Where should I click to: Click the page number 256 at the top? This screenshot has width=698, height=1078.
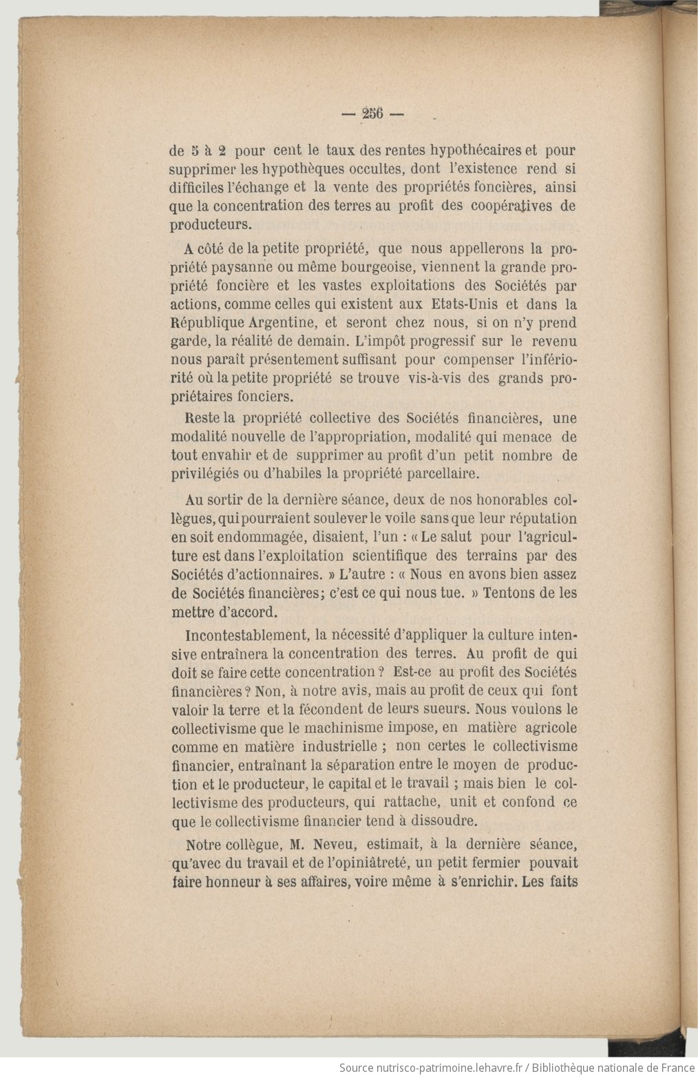pos(372,115)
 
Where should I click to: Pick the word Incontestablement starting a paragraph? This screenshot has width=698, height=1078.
pos(246,635)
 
